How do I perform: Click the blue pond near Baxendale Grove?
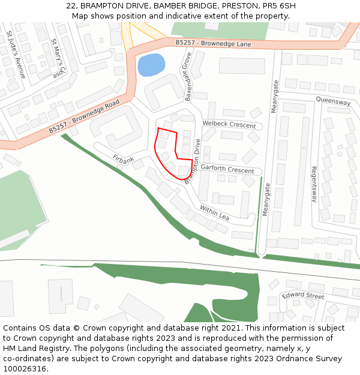(x=151, y=65)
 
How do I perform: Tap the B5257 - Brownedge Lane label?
(x=213, y=43)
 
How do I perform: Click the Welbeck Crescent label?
(x=229, y=124)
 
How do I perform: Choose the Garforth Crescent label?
(x=227, y=170)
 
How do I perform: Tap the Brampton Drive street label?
(x=193, y=160)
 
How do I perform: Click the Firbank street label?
(x=124, y=160)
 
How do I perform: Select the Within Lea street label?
(x=214, y=213)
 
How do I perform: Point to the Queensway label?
(x=333, y=102)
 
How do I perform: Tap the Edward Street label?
(x=303, y=296)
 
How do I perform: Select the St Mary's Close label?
(x=58, y=59)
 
